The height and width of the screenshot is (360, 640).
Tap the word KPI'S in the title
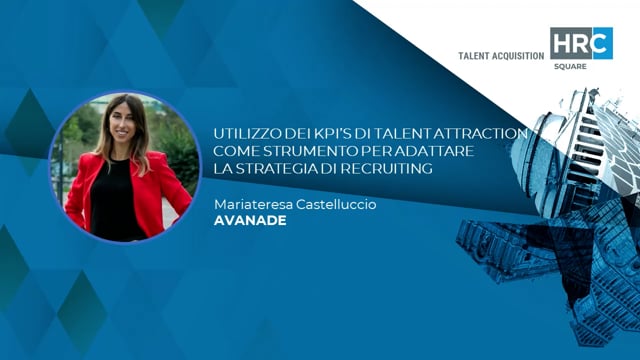click(325, 132)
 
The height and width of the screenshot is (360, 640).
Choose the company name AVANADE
click(250, 220)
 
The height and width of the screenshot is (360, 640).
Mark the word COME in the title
click(234, 150)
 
